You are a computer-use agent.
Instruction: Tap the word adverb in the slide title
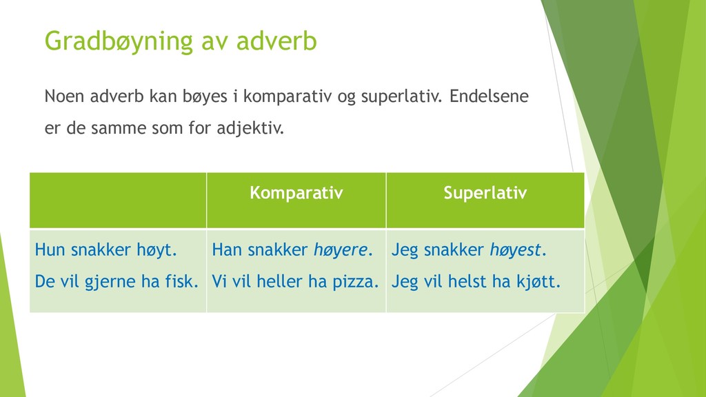276,41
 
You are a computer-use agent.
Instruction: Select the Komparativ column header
296,193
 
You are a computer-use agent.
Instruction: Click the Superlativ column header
485,193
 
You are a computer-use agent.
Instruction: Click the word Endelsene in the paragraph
489,96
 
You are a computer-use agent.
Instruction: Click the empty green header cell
118,201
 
